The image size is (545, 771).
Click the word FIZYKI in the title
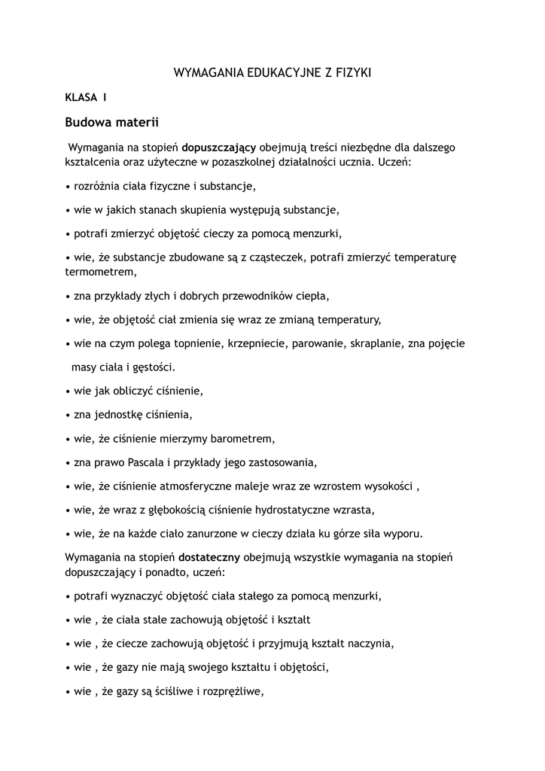[352, 73]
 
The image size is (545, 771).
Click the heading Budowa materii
[111, 121]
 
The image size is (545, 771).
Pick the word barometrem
[245, 437]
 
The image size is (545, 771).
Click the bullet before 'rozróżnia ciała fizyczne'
[68, 185]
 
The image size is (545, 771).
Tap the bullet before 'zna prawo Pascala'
[68, 462]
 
